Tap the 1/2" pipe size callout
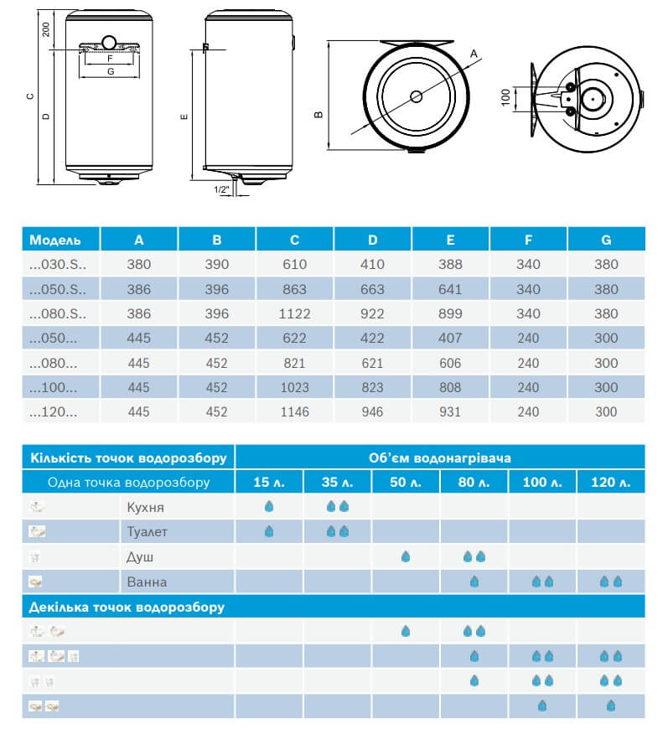click(x=222, y=190)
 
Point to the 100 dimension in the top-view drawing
click(x=505, y=97)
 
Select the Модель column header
click(x=55, y=240)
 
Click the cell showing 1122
click(x=294, y=313)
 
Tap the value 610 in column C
click(x=294, y=264)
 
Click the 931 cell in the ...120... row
click(x=450, y=411)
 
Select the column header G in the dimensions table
click(x=605, y=240)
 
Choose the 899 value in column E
click(x=450, y=313)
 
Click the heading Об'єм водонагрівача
click(x=440, y=458)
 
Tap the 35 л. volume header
click(x=337, y=482)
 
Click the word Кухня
click(x=146, y=507)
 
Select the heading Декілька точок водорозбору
click(x=127, y=606)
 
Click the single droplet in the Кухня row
click(x=268, y=507)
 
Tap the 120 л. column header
click(x=610, y=482)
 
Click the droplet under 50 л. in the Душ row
click(x=406, y=556)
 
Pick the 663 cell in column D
click(x=372, y=289)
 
